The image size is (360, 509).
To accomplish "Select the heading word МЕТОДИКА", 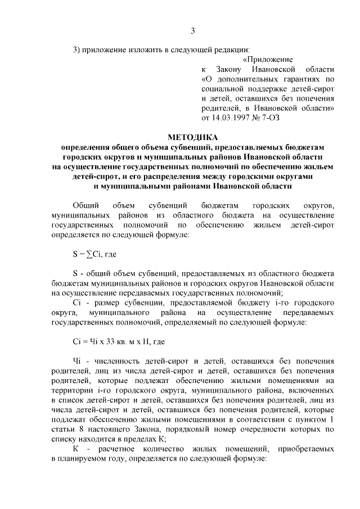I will [193, 137].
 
